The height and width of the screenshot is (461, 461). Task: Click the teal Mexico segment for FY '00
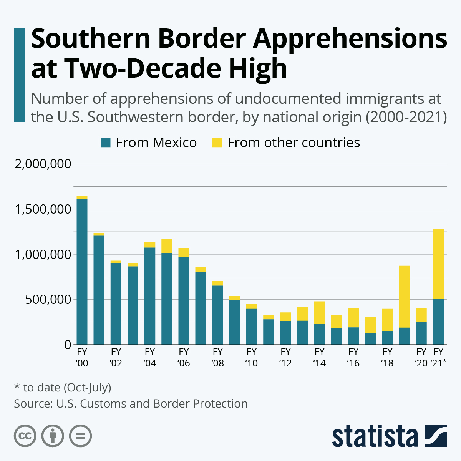click(x=82, y=271)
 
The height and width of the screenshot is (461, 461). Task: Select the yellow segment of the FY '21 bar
click(x=438, y=264)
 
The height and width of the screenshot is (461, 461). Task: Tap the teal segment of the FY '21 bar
click(x=438, y=322)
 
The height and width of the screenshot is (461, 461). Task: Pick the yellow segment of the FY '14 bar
click(x=319, y=313)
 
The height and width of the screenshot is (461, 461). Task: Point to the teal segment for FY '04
click(x=150, y=296)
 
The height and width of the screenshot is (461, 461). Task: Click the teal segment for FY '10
click(x=252, y=327)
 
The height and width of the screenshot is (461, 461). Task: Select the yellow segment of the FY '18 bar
click(x=387, y=320)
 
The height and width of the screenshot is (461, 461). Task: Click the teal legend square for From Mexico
click(x=105, y=143)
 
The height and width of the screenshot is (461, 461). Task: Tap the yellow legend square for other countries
click(x=217, y=143)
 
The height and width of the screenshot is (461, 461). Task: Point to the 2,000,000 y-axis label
click(x=43, y=164)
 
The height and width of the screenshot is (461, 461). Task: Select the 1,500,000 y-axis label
click(x=43, y=209)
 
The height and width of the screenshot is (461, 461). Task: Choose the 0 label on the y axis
click(x=68, y=345)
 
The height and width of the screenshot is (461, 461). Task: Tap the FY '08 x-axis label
click(x=217, y=357)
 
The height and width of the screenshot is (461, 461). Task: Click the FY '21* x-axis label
click(x=438, y=357)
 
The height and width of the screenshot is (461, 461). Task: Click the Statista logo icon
click(x=436, y=436)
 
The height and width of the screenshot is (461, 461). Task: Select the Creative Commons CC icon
click(x=25, y=436)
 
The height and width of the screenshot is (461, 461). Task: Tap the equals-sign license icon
click(x=81, y=436)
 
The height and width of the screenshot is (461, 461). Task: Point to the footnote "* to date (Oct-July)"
click(x=63, y=387)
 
